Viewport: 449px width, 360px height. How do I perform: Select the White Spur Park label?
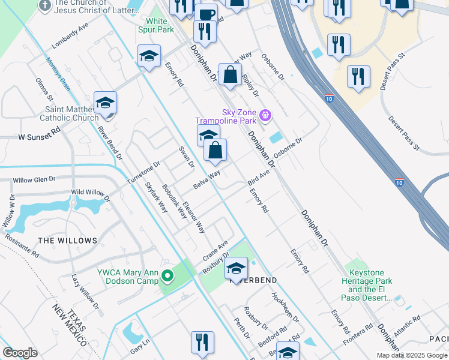point(157,25)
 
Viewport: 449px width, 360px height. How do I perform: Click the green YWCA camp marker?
point(167,277)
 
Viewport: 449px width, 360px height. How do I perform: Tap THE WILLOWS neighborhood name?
point(67,241)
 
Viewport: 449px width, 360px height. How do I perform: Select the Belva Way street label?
point(206,178)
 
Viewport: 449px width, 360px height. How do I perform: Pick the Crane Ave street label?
point(215,251)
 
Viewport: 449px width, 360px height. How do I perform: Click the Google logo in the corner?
point(20,353)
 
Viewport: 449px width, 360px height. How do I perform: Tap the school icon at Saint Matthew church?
point(105,103)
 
